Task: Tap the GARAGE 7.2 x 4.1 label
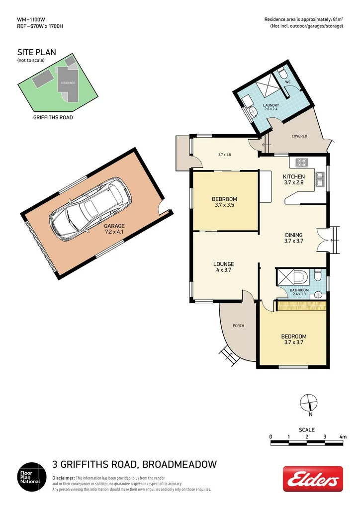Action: click(114, 229)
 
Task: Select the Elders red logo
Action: click(313, 479)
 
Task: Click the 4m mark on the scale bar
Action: click(343, 436)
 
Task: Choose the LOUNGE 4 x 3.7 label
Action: click(223, 267)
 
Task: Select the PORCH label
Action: click(239, 326)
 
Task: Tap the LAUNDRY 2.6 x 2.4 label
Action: click(271, 107)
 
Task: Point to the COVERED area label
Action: click(299, 136)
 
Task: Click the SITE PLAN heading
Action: click(37, 52)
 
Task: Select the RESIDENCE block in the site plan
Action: click(68, 83)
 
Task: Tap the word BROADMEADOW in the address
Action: click(180, 464)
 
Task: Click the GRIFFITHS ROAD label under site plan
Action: click(53, 117)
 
